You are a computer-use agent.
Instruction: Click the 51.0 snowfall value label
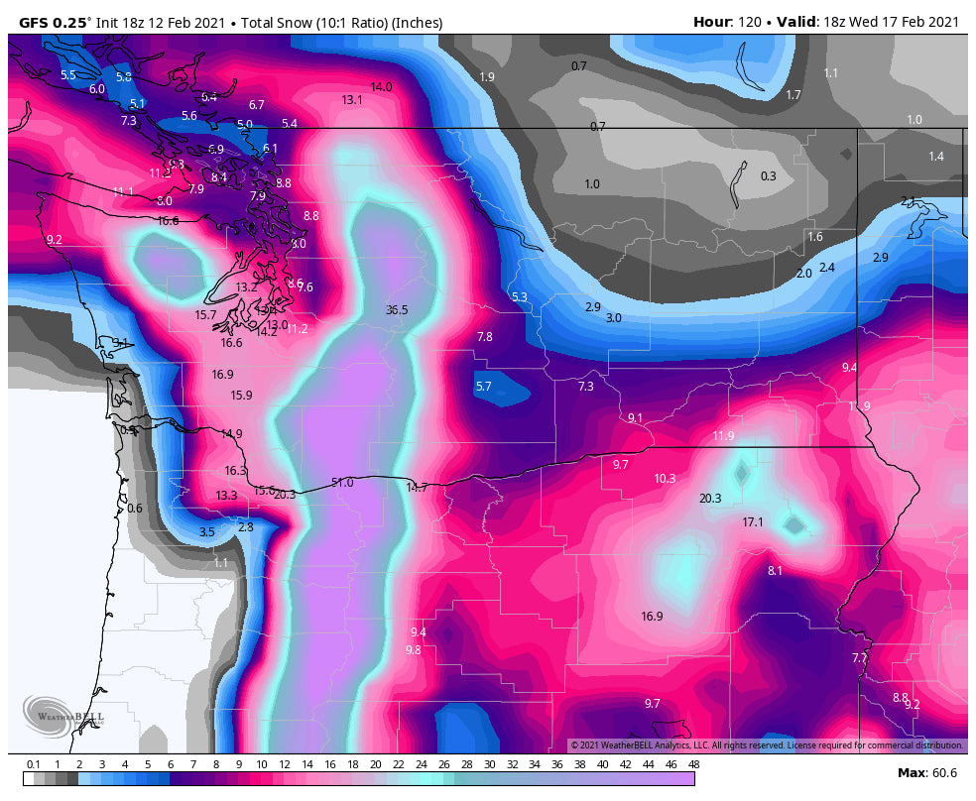342,483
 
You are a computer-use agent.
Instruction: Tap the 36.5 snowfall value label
397,310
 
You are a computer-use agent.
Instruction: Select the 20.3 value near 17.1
710,499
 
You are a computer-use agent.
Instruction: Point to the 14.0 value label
381,87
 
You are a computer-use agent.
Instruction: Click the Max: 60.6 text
927,772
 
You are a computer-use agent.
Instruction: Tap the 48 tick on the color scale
693,764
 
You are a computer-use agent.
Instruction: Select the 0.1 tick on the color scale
34,764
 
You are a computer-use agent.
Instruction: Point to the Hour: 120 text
726,22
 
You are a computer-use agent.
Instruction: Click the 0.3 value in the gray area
769,176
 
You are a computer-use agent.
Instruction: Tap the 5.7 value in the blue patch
484,387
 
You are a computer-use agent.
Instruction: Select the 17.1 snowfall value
754,522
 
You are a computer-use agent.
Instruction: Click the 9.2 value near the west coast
54,240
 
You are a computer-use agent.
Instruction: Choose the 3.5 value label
206,532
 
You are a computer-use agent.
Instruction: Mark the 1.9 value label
487,77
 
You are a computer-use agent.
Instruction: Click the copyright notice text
766,744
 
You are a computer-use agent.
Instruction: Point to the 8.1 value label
775,571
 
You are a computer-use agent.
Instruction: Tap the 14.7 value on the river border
418,488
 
